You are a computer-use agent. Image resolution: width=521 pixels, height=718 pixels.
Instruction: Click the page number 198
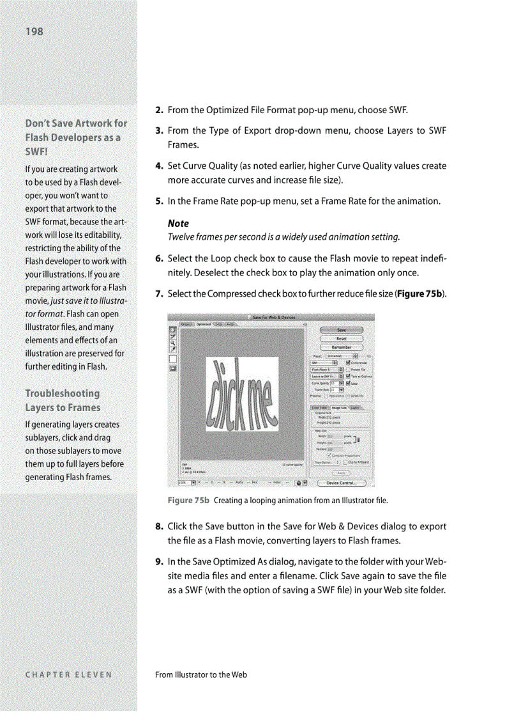(34, 31)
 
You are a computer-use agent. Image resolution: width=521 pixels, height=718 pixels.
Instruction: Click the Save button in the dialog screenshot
(342, 330)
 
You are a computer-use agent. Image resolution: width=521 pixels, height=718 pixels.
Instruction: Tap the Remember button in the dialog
(342, 347)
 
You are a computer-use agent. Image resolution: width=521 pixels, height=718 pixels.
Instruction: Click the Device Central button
(342, 483)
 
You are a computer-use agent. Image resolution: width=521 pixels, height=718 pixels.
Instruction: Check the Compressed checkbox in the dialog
(348, 362)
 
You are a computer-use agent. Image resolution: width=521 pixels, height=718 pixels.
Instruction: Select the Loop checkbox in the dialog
(348, 384)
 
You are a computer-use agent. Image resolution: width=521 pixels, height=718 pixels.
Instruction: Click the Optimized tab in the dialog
(204, 324)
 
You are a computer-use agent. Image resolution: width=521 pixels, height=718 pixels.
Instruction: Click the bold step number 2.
(160, 110)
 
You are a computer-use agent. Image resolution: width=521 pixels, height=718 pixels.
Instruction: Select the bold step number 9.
(160, 562)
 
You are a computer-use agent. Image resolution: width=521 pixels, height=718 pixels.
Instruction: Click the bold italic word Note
(178, 223)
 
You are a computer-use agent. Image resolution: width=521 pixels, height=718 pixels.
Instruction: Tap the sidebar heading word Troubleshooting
(63, 393)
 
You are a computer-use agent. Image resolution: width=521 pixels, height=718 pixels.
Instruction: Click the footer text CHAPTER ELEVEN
(68, 675)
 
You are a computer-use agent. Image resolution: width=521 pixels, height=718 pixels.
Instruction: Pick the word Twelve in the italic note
(181, 237)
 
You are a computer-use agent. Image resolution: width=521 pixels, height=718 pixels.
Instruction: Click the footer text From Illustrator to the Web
(201, 675)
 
